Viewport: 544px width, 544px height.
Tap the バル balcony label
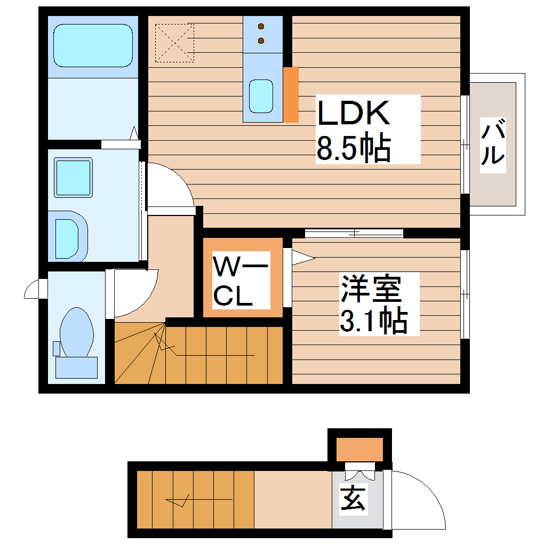coord(493,142)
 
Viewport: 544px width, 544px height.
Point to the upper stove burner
coord(261,26)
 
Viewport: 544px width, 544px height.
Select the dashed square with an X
coord(174,43)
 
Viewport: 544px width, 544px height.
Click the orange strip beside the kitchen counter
coord(291,94)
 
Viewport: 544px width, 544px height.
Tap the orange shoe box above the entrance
coord(359,449)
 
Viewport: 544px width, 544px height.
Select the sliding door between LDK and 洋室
coord(354,233)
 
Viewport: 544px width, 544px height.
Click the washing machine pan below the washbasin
coord(70,237)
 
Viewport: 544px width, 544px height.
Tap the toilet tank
coord(76,367)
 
